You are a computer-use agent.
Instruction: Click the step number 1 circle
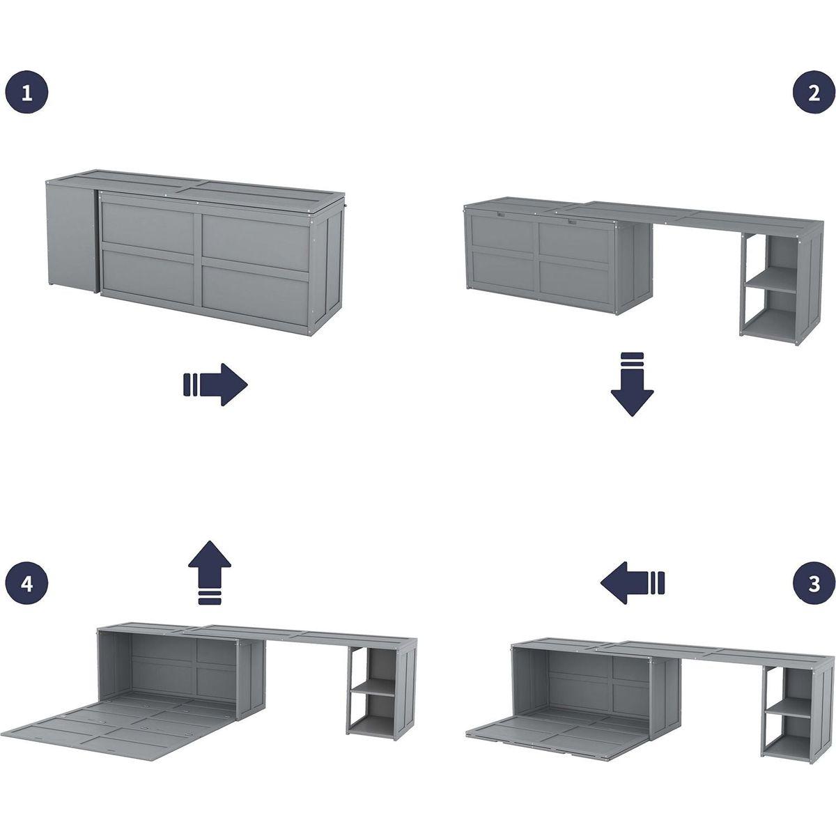coord(26,92)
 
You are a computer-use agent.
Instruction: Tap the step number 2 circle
coord(814,92)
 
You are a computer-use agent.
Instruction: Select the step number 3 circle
coord(814,584)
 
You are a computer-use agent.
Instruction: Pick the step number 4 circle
coord(26,584)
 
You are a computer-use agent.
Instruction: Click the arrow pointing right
coord(215,385)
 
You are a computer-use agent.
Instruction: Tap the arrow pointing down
coord(632,385)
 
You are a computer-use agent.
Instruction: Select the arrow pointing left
coord(632,583)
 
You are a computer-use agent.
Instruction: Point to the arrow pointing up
coord(210,572)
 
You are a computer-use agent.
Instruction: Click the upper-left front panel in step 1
coord(148,226)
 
